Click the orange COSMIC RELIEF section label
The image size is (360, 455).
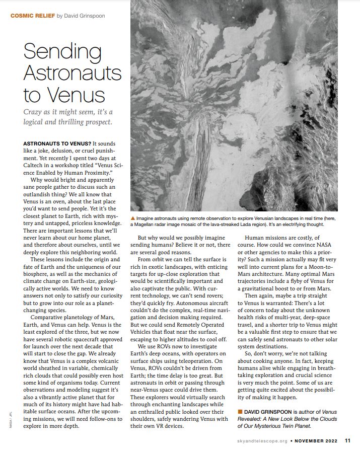pos(32,16)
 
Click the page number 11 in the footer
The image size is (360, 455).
pos(348,441)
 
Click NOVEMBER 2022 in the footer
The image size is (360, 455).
pos(317,441)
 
